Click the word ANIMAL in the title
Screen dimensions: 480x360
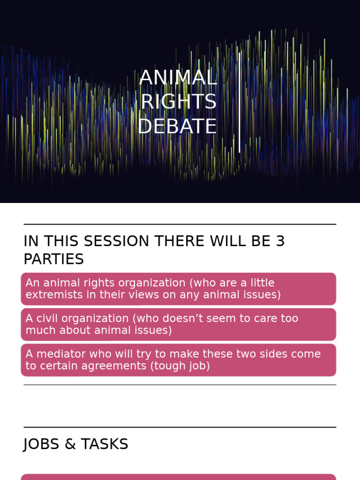click(178, 78)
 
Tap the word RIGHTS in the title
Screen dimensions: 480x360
click(179, 102)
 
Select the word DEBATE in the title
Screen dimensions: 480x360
click(178, 127)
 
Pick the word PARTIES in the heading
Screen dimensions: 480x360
click(53, 259)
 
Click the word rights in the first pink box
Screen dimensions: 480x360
click(89, 283)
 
